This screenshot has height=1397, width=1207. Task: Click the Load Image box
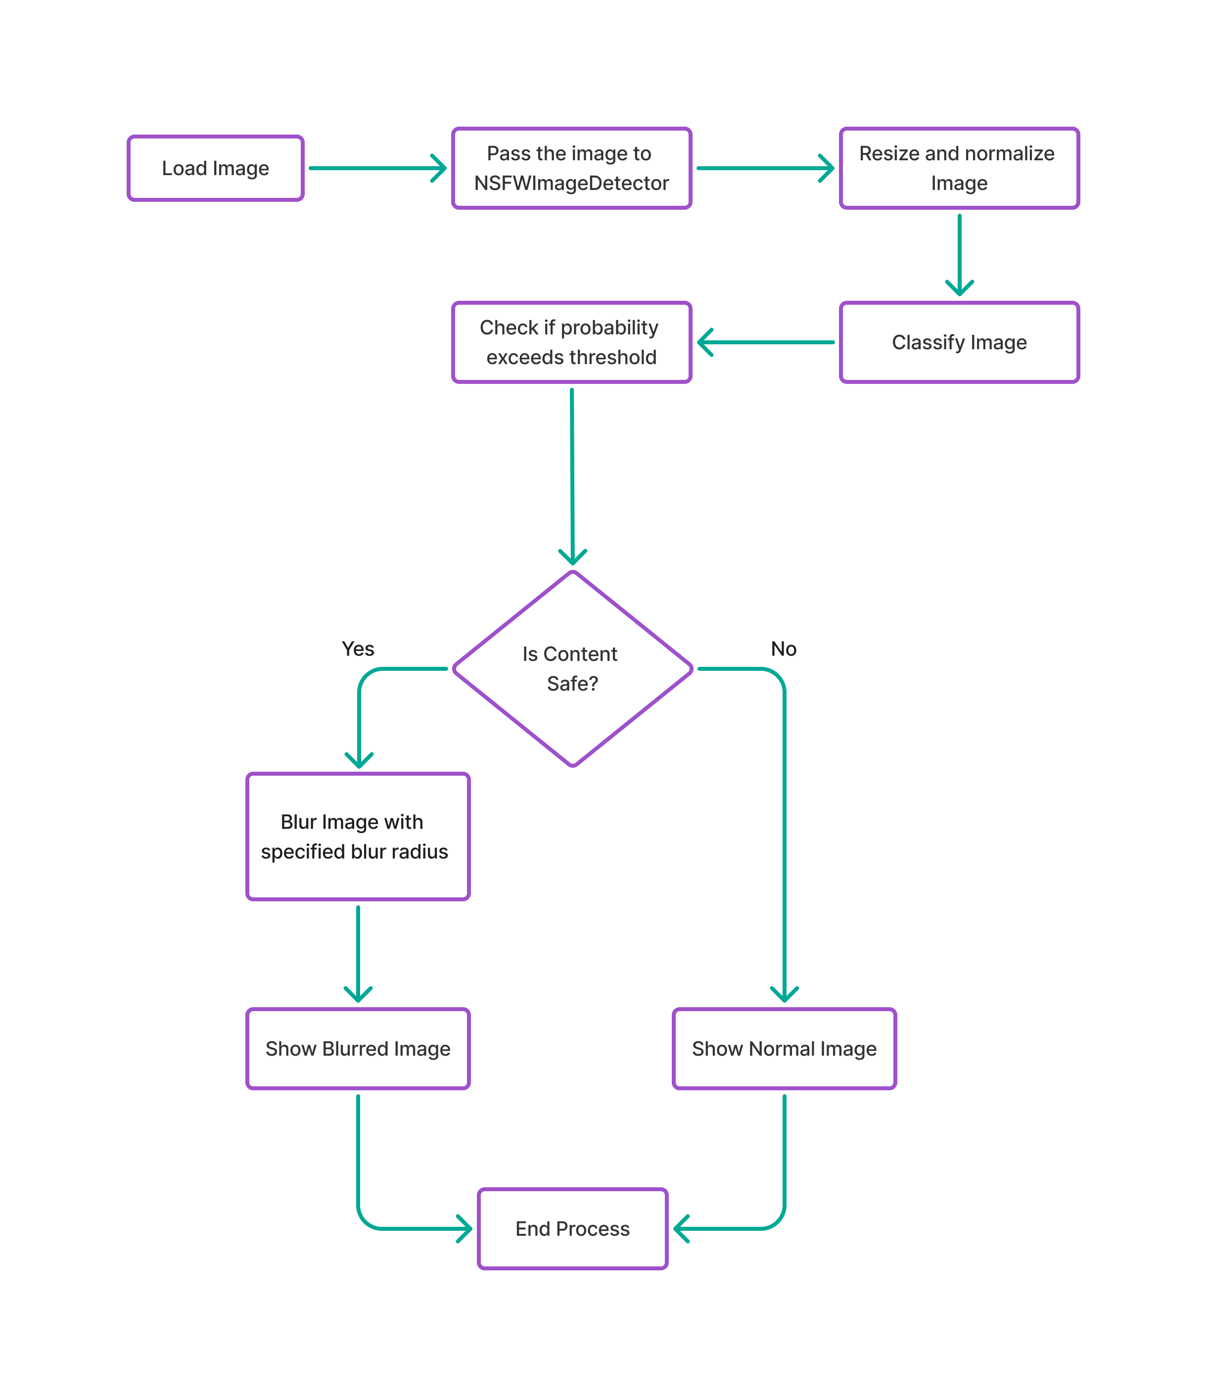coord(215,168)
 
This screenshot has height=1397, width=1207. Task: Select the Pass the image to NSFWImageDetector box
coord(571,168)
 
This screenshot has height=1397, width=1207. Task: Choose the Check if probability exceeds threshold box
coord(571,342)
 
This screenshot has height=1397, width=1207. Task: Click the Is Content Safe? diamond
coord(572,668)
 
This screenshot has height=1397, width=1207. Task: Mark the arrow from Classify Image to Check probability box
coord(765,342)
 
